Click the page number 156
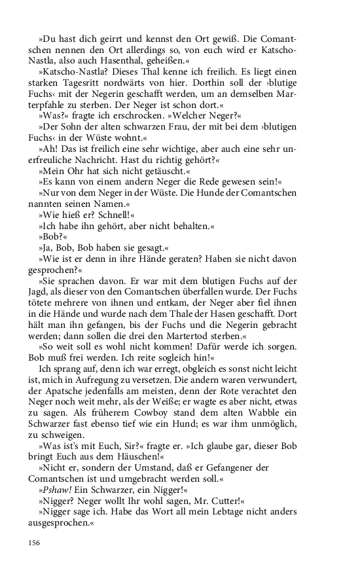(34, 542)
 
